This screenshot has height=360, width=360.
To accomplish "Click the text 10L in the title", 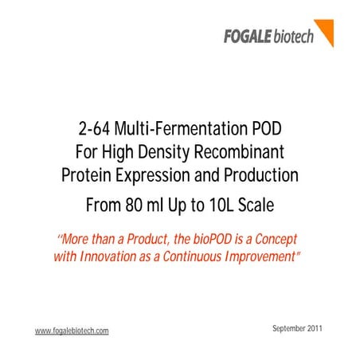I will [x=220, y=205].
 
